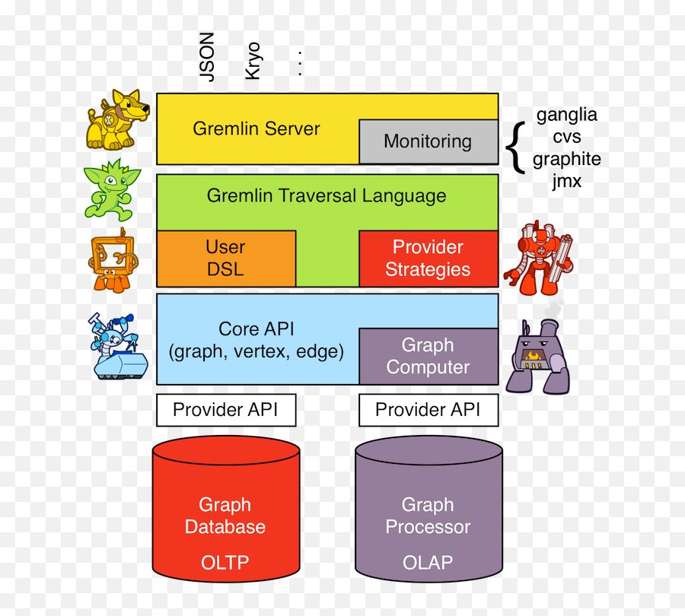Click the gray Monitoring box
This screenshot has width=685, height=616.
pyautogui.click(x=428, y=141)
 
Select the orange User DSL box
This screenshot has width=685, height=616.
pyautogui.click(x=225, y=259)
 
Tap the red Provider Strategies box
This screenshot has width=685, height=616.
pyautogui.click(x=428, y=259)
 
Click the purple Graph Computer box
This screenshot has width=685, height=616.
pyautogui.click(x=428, y=356)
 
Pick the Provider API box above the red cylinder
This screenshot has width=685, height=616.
pyautogui.click(x=225, y=410)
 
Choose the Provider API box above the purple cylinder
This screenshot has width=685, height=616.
pyautogui.click(x=428, y=410)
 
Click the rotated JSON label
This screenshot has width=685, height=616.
pyautogui.click(x=206, y=56)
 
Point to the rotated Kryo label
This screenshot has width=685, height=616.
pyautogui.click(x=253, y=60)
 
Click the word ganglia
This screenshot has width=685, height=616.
pyautogui.click(x=567, y=115)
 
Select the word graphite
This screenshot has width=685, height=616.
pyautogui.click(x=567, y=159)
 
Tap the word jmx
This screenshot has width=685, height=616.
pyautogui.click(x=567, y=181)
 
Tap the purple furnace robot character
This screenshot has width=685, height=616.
pyautogui.click(x=536, y=354)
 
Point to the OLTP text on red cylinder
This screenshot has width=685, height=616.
pyautogui.click(x=225, y=563)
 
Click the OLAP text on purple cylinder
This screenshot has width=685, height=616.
pyautogui.click(x=428, y=563)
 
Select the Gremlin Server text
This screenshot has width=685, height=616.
pyautogui.click(x=256, y=129)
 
